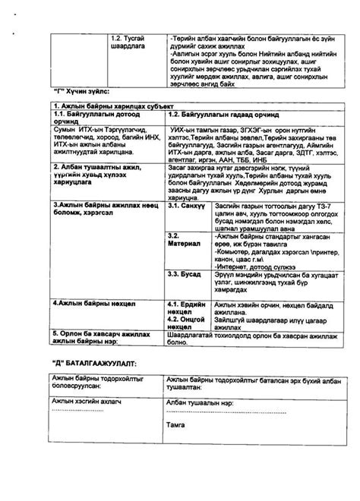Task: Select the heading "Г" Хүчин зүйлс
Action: point(77,91)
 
